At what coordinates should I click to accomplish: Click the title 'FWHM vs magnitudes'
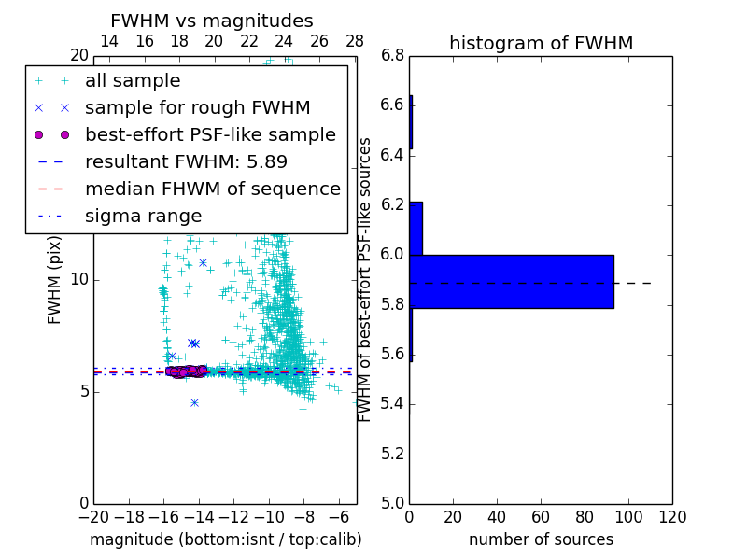point(212,21)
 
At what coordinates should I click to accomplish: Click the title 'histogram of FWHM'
point(541,43)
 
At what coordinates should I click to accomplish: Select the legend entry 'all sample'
point(133,81)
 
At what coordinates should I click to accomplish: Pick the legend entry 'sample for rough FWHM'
point(197,107)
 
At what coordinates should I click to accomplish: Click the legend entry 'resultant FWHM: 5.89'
point(197,161)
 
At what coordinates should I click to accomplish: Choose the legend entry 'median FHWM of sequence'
point(212,189)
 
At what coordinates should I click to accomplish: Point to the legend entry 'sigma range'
point(143,216)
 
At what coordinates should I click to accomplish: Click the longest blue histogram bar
point(512,281)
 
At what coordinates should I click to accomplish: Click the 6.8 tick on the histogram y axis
point(393,56)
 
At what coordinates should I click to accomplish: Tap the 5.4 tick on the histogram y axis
point(393,404)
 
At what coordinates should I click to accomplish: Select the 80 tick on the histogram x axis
point(585,516)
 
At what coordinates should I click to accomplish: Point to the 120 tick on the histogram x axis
point(672,516)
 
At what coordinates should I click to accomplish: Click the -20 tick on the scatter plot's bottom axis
point(93,516)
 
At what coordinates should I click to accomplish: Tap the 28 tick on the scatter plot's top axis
point(355,41)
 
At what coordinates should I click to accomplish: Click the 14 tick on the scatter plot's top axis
point(109,41)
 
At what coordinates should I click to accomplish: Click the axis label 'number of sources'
point(541,539)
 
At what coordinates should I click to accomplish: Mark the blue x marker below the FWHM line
point(194,402)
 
